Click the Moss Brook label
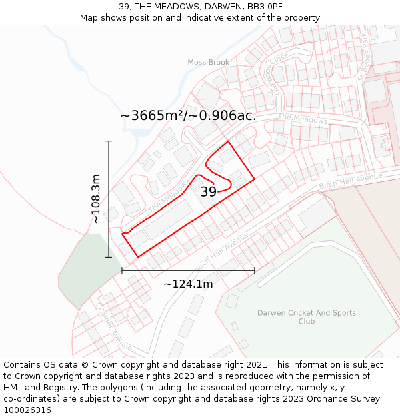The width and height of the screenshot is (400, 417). click(x=208, y=63)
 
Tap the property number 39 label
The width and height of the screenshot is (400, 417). click(x=208, y=192)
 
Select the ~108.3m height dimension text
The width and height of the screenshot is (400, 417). click(x=96, y=199)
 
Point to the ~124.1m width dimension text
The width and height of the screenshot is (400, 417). click(x=188, y=284)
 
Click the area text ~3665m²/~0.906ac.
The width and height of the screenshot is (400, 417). click(x=188, y=115)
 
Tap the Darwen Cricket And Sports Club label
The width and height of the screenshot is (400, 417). click(x=307, y=317)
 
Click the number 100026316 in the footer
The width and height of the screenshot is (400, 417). click(x=27, y=410)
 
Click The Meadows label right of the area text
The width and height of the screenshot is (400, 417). click(x=302, y=119)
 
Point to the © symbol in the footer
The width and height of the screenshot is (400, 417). click(x=85, y=365)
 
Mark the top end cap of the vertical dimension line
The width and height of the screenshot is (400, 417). click(x=109, y=141)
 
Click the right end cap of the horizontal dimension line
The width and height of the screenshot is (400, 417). click(x=254, y=270)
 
